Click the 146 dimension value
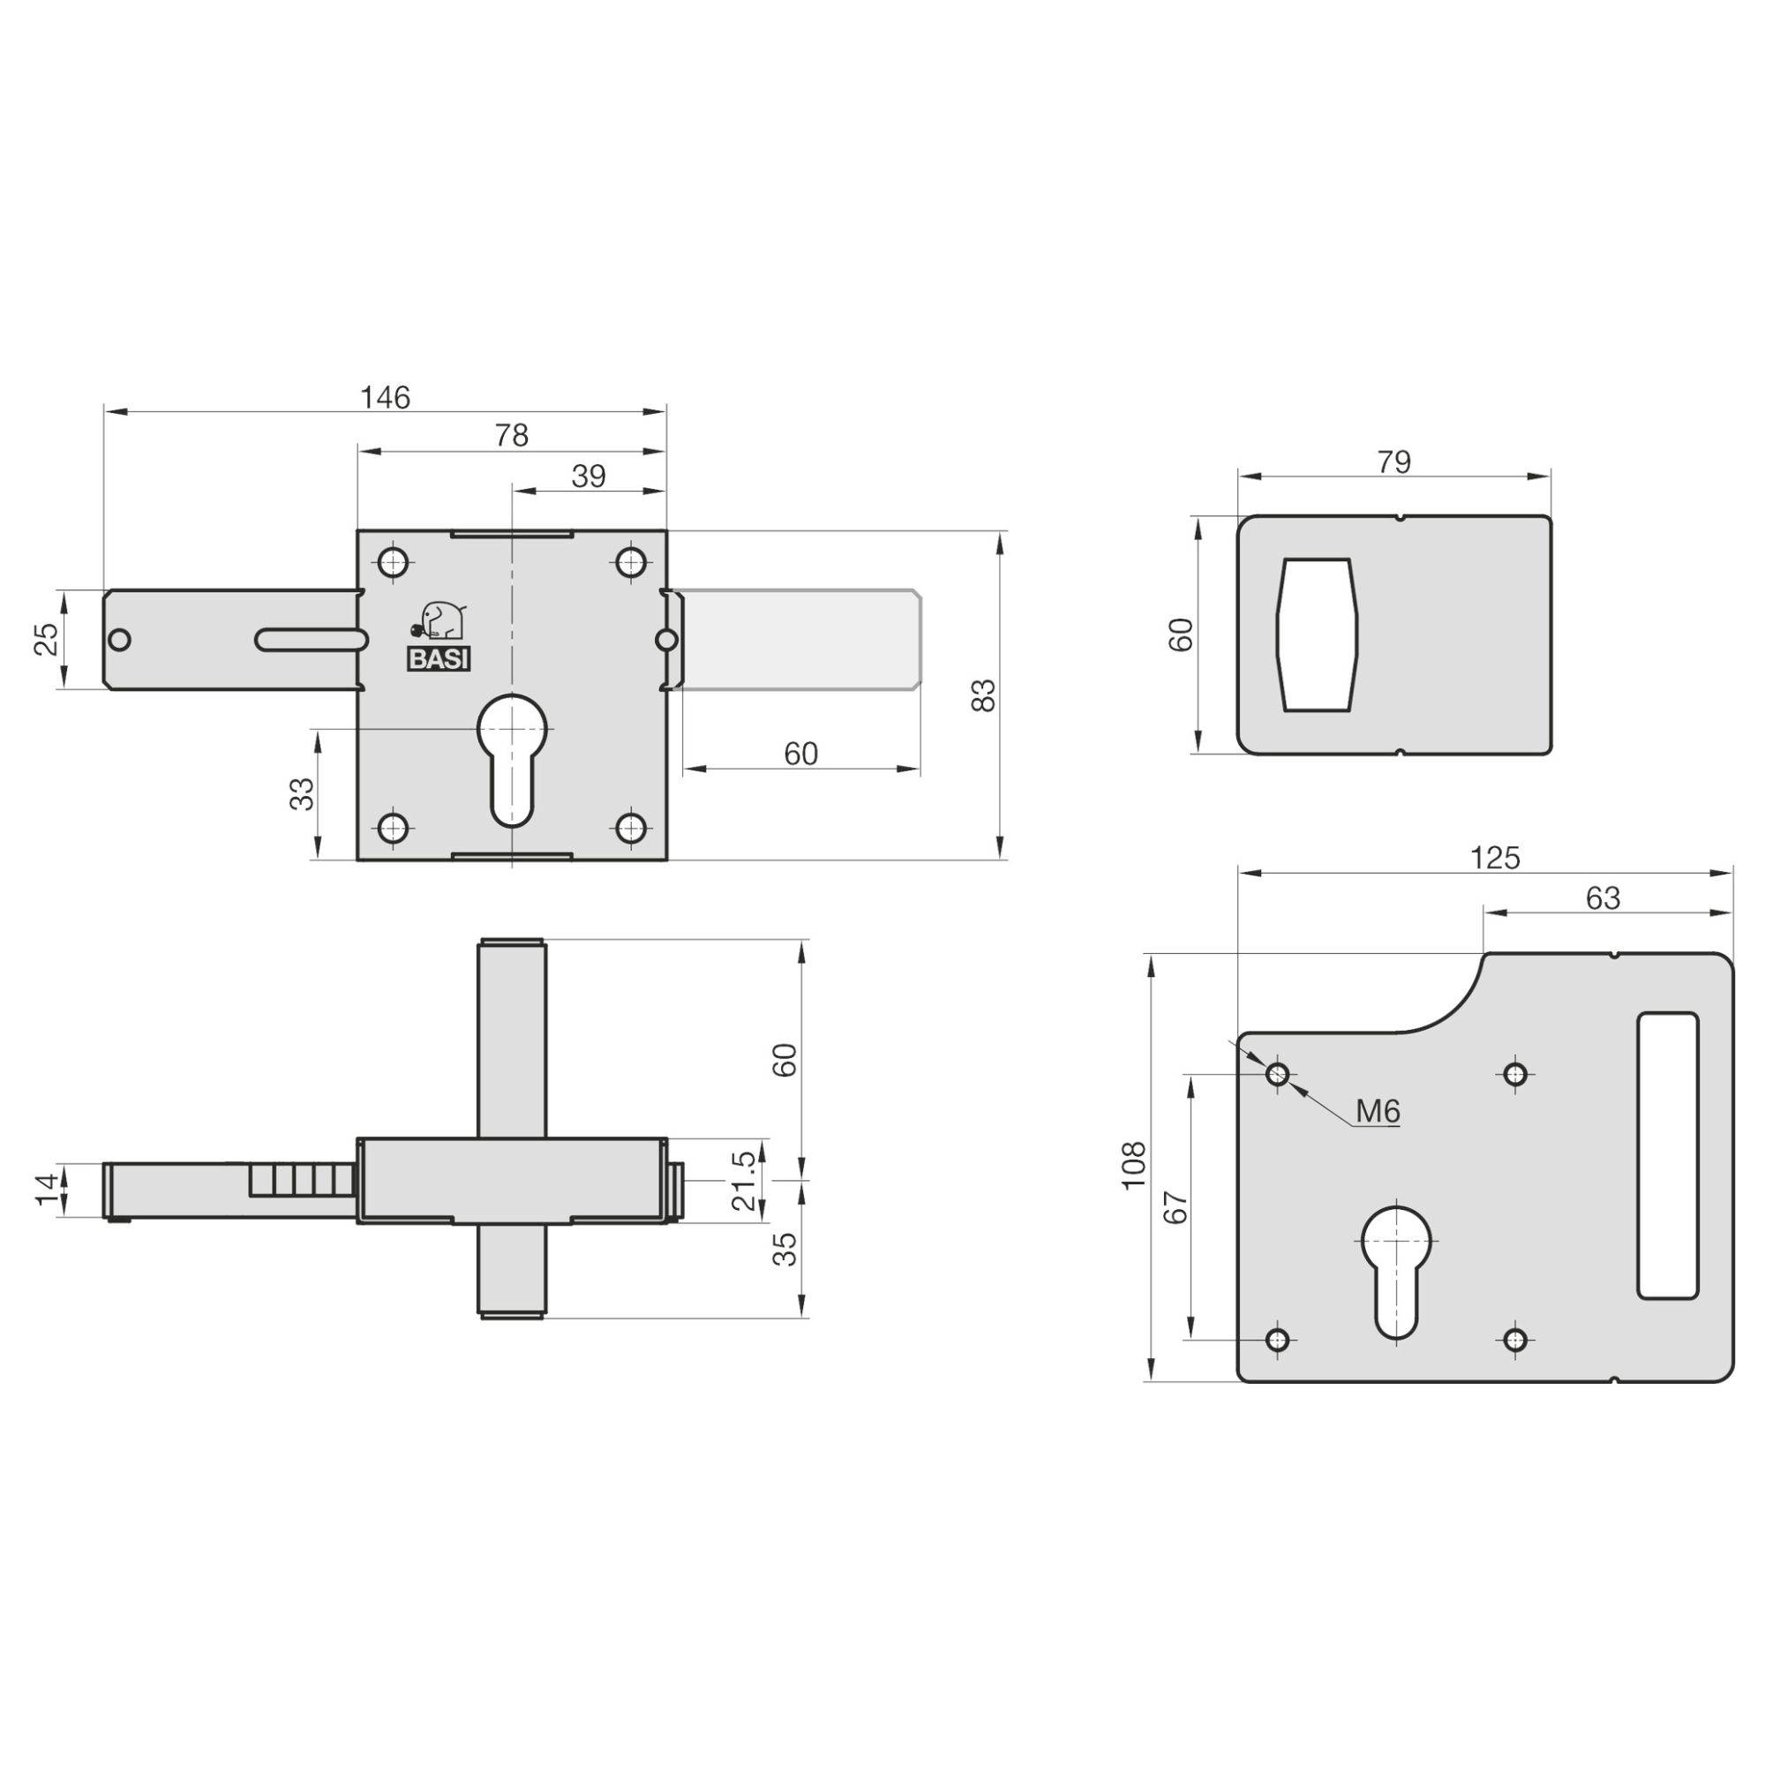click(x=385, y=397)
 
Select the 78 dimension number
click(x=512, y=436)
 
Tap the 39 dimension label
click(x=589, y=476)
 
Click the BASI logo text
click(x=439, y=659)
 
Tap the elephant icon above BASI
click(x=439, y=620)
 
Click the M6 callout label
click(x=1377, y=1112)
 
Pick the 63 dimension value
click(x=1603, y=899)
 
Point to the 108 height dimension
click(x=1134, y=1165)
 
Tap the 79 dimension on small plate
click(x=1393, y=462)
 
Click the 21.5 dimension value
click(x=745, y=1182)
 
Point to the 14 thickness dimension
click(x=49, y=1190)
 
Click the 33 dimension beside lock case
click(x=303, y=793)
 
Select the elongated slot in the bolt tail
click(x=311, y=639)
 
